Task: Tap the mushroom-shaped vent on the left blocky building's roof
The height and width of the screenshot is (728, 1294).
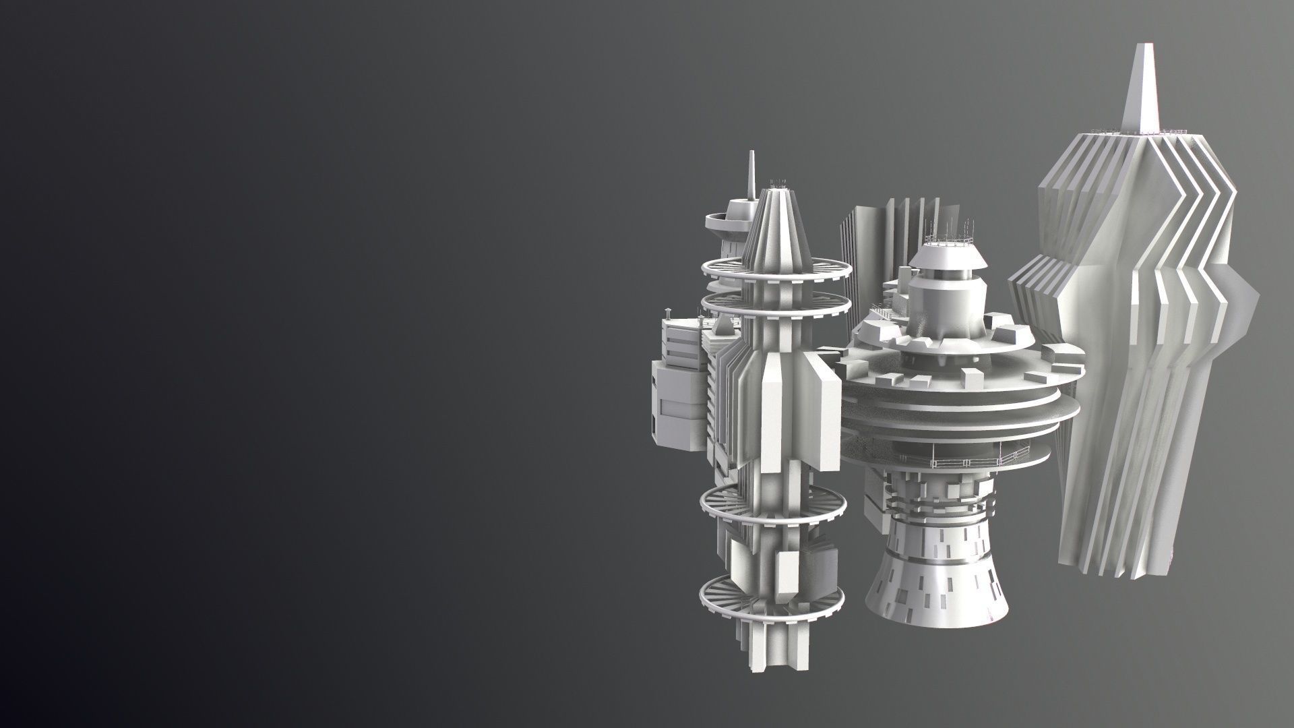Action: [x=870, y=312]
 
